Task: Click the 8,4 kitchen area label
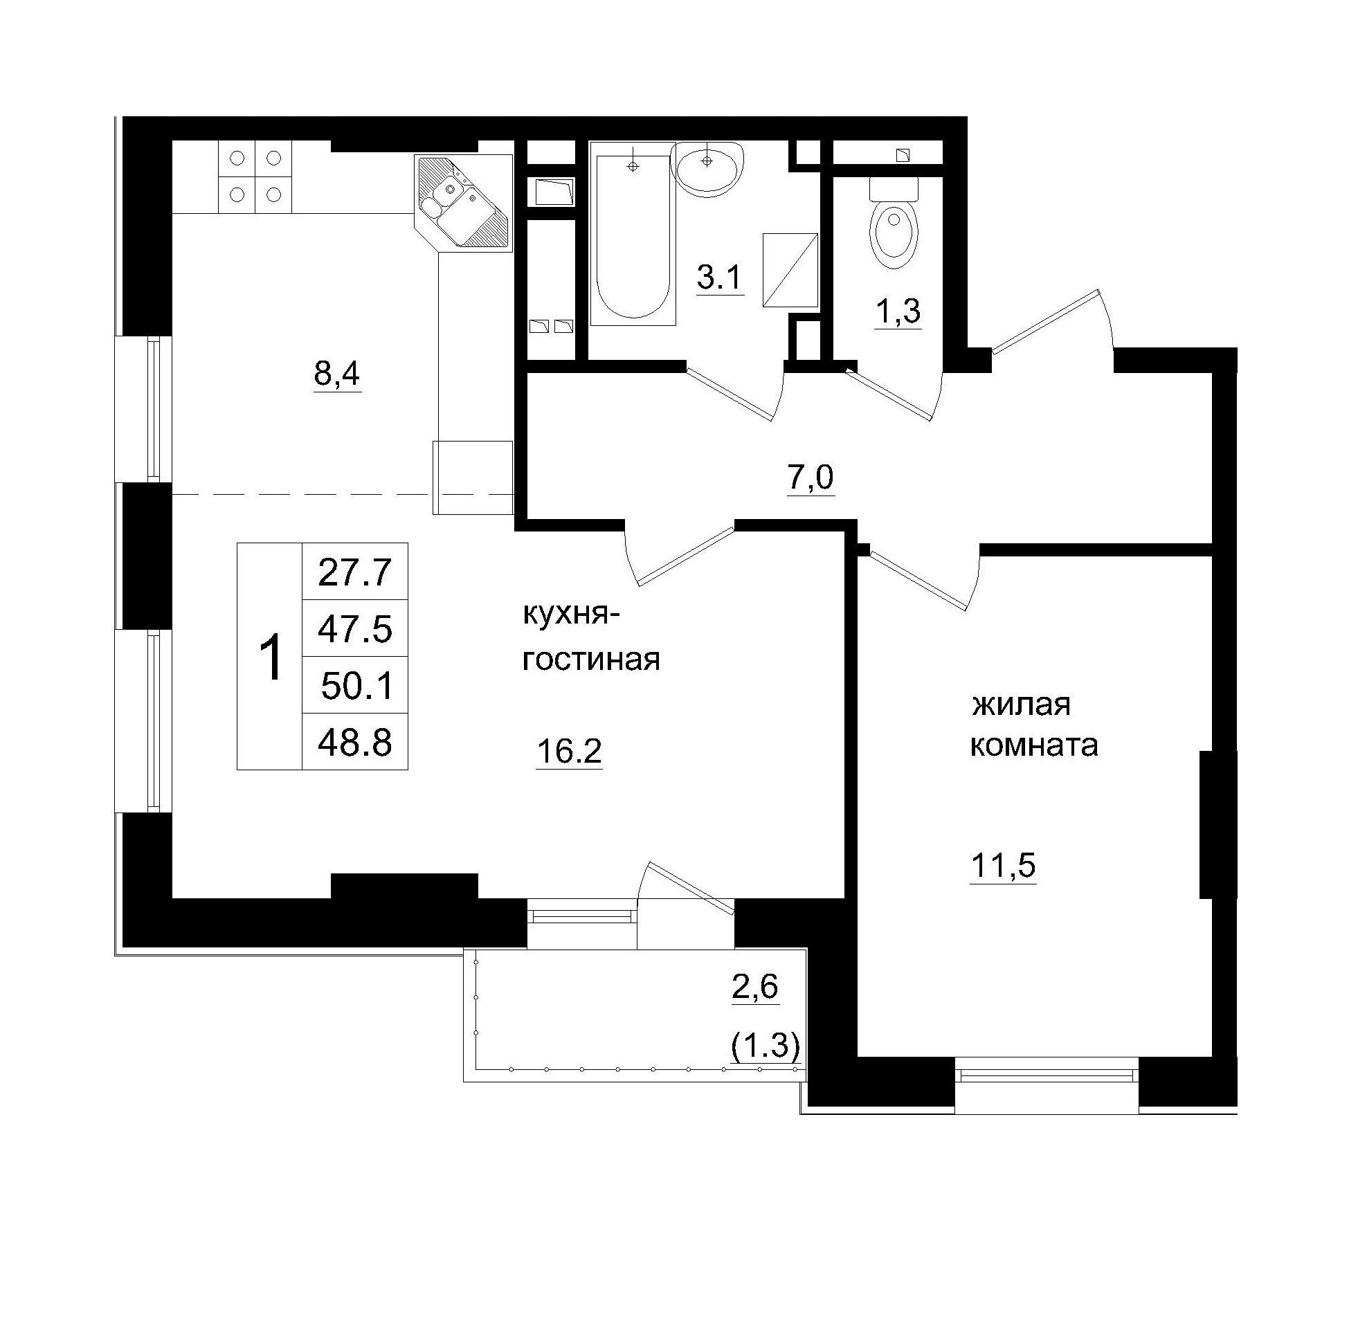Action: point(337,374)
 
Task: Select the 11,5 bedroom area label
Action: point(1003,865)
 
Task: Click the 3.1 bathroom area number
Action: point(719,279)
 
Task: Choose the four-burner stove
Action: point(255,176)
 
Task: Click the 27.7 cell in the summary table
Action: point(355,572)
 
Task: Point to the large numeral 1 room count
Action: point(271,657)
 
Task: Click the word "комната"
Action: point(1034,746)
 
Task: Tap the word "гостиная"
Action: point(590,660)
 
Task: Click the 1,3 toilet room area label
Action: point(898,311)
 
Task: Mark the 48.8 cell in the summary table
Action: point(355,743)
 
